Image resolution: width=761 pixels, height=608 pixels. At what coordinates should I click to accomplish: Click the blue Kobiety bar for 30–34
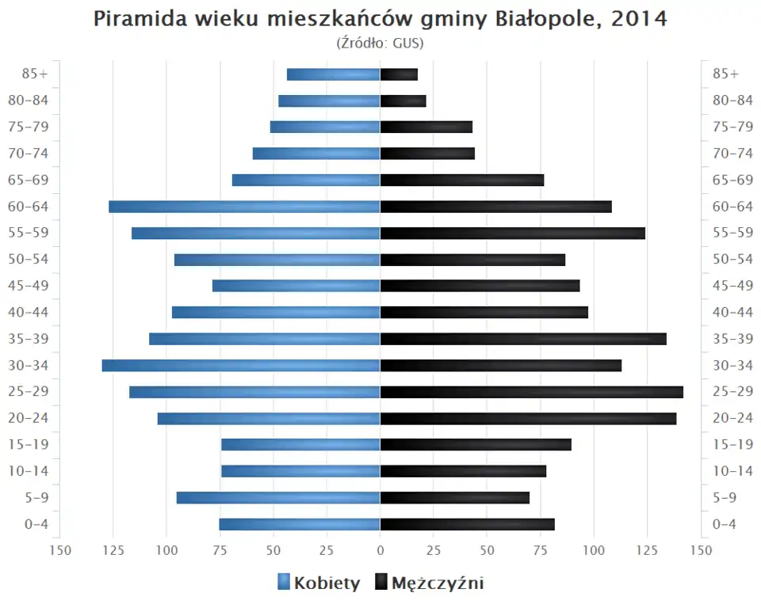pyautogui.click(x=241, y=366)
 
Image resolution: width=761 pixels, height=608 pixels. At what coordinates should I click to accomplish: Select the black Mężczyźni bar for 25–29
pyautogui.click(x=531, y=392)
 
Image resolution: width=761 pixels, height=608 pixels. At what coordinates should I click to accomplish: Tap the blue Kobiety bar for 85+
pyautogui.click(x=333, y=74)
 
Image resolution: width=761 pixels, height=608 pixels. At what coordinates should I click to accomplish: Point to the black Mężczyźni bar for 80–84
pyautogui.click(x=403, y=101)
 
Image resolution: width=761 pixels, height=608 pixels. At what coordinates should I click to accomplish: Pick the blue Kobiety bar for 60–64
pyautogui.click(x=244, y=207)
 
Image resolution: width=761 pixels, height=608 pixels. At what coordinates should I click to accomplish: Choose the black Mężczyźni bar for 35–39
pyautogui.click(x=523, y=339)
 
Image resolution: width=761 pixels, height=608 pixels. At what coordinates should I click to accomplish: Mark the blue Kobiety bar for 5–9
pyautogui.click(x=278, y=498)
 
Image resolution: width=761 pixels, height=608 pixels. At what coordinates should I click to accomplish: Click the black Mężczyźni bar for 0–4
pyautogui.click(x=467, y=524)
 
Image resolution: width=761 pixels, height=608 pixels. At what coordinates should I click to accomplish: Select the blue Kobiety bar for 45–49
pyautogui.click(x=296, y=286)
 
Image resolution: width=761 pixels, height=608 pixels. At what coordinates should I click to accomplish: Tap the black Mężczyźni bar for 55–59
pyautogui.click(x=512, y=233)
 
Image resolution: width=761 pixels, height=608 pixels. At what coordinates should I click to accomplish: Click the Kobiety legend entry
pyautogui.click(x=319, y=583)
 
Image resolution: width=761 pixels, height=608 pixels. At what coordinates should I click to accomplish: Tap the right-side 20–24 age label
pyautogui.click(x=732, y=418)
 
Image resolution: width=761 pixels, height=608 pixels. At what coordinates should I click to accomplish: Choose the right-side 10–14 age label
pyautogui.click(x=732, y=471)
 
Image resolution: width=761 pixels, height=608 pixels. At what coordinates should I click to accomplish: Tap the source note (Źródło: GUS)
pyautogui.click(x=380, y=43)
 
